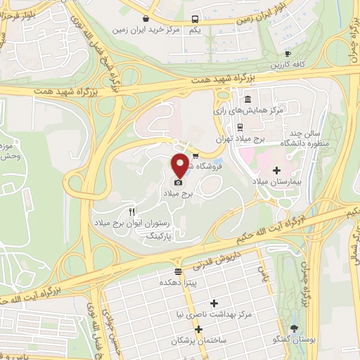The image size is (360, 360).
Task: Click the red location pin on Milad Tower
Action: pyautogui.click(x=180, y=165)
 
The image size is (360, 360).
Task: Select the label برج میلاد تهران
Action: pyautogui.click(x=241, y=140)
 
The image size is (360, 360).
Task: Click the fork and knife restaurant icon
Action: pyautogui.click(x=131, y=212)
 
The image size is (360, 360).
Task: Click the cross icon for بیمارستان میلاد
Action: pyautogui.click(x=276, y=169)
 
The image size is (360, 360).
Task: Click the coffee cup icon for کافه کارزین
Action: pyautogui.click(x=287, y=54)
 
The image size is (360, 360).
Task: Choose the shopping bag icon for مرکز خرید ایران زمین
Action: pyautogui.click(x=145, y=19)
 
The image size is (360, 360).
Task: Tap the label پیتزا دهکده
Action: pyautogui.click(x=178, y=281)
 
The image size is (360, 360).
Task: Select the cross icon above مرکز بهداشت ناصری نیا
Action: pyautogui.click(x=214, y=302)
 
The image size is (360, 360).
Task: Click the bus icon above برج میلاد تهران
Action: pyautogui.click(x=241, y=128)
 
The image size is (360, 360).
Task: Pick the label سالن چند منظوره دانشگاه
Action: pyautogui.click(x=303, y=138)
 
